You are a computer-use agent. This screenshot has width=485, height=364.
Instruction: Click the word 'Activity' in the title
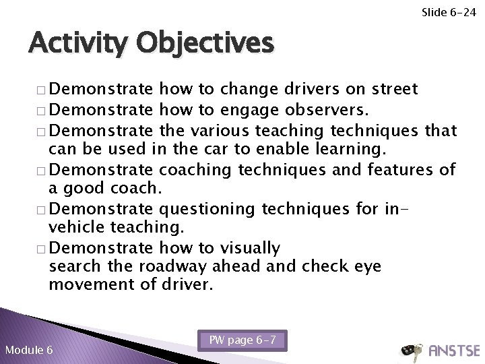click(x=73, y=44)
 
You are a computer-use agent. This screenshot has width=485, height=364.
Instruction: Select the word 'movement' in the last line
click(x=90, y=285)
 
